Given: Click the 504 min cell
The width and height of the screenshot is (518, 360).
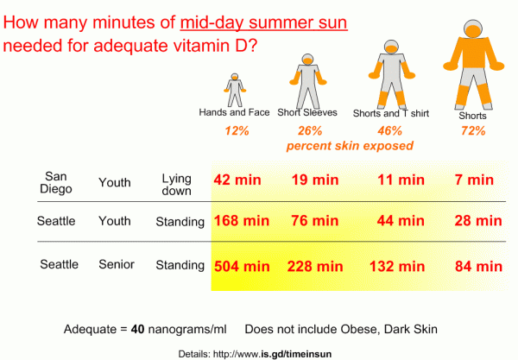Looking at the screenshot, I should pyautogui.click(x=243, y=264).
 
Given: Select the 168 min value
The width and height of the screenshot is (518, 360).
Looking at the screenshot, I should pyautogui.click(x=243, y=221).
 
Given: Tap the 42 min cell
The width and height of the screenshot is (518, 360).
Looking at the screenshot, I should pyautogui.click(x=238, y=180).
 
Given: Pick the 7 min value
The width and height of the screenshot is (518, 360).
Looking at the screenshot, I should pyautogui.click(x=474, y=180).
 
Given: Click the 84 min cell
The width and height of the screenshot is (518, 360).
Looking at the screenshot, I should pyautogui.click(x=477, y=264).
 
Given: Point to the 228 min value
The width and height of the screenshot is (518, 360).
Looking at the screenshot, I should pyautogui.click(x=312, y=264).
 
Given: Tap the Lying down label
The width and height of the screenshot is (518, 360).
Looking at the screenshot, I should pyautogui.click(x=176, y=181).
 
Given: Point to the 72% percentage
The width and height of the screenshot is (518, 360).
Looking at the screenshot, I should pyautogui.click(x=472, y=131).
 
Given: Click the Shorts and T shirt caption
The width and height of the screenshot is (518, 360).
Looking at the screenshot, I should pyautogui.click(x=389, y=113).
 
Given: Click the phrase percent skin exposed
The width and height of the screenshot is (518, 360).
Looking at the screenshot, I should pyautogui.click(x=349, y=146).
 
